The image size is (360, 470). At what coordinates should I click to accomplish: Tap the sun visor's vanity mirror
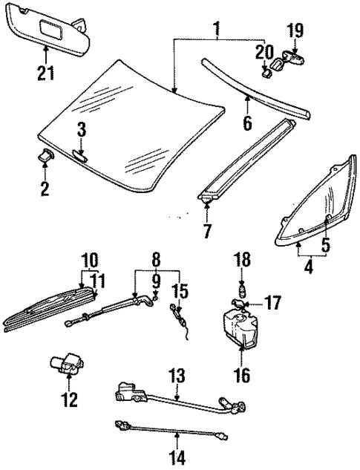(x=50, y=31)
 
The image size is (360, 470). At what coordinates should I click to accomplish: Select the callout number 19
(x=295, y=30)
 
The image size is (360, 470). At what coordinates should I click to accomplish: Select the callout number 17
(x=272, y=303)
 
